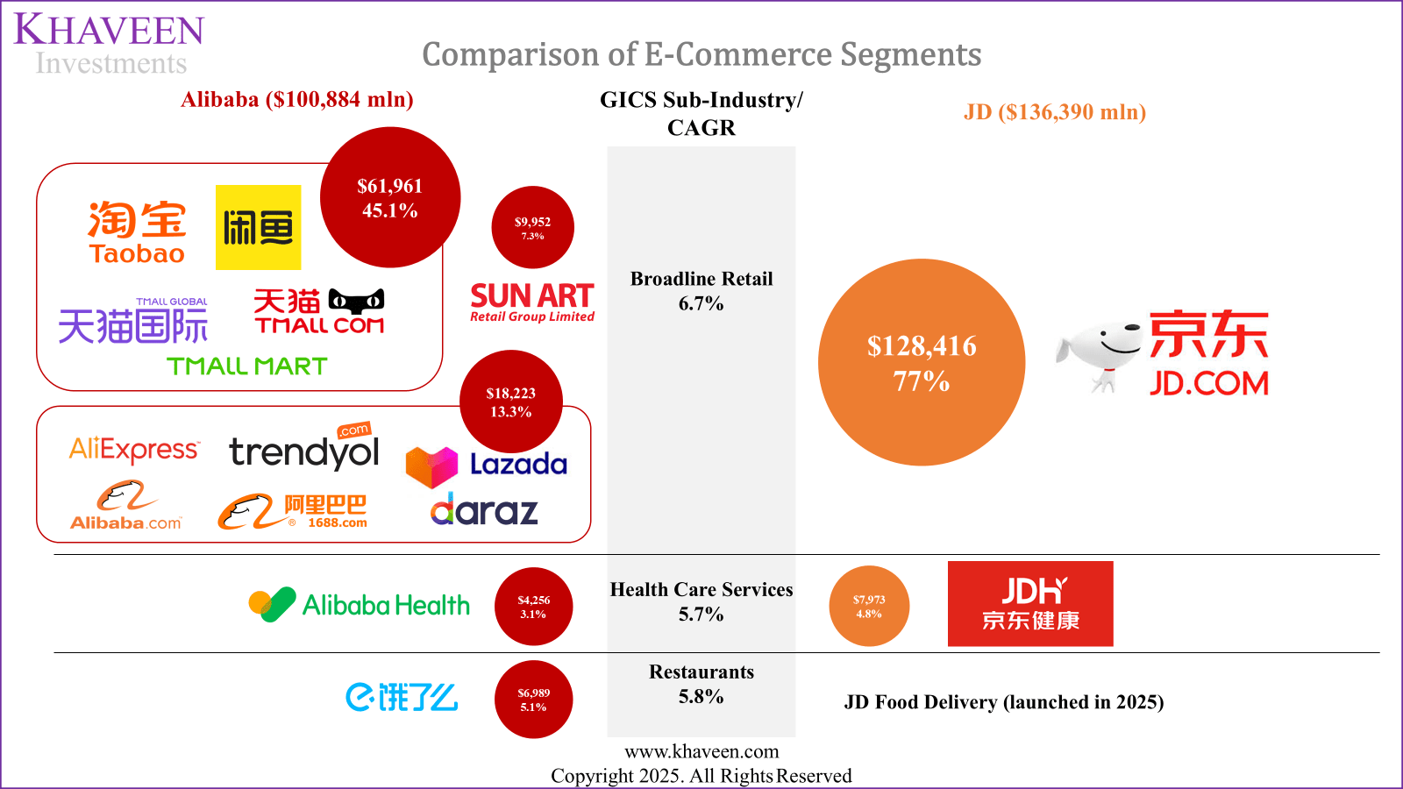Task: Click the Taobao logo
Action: (137, 233)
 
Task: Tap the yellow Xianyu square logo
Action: (258, 227)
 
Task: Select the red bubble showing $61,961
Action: (390, 197)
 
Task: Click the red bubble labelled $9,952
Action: (532, 227)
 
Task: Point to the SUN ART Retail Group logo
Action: (532, 302)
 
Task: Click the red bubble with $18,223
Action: (511, 402)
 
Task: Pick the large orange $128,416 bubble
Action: (922, 362)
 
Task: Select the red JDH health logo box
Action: (1030, 604)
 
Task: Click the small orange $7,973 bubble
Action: (869, 606)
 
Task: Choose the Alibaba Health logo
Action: (360, 605)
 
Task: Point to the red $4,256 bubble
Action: (533, 607)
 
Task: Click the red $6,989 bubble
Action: (533, 700)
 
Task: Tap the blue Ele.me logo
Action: (402, 698)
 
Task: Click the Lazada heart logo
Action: (432, 466)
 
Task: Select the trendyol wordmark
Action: (304, 451)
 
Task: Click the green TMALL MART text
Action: (246, 366)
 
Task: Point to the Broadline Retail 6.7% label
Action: (701, 291)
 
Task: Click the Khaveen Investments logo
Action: (109, 44)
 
